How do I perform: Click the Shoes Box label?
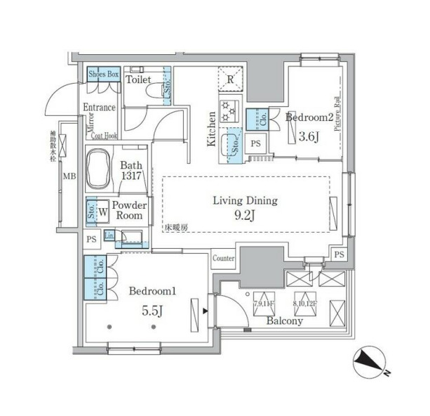point(104,74)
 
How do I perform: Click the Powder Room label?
point(130,210)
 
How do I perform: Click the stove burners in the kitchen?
point(229,111)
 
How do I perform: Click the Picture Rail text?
point(337,113)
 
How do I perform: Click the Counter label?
point(223,259)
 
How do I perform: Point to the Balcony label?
point(285,321)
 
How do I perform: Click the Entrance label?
point(99,108)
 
